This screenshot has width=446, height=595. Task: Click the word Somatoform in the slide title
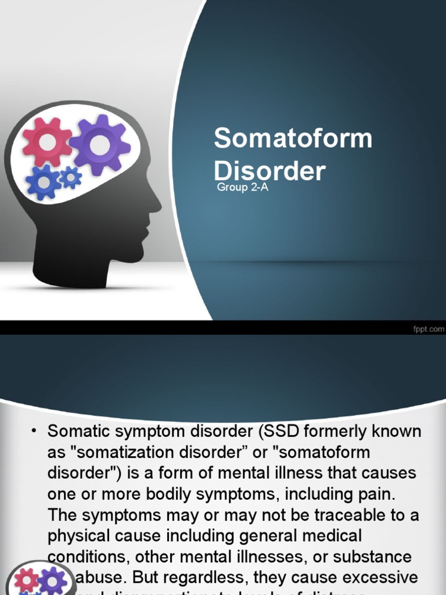pos(293,139)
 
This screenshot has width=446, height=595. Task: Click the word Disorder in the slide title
pos(269,171)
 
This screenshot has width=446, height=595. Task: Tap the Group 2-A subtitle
pos(242,187)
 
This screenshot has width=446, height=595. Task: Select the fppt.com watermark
pos(428,328)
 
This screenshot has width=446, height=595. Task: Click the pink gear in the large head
pos(46,142)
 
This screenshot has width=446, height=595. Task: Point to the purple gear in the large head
pos(100,145)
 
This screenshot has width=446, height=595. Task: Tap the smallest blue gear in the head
pos(71,177)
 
